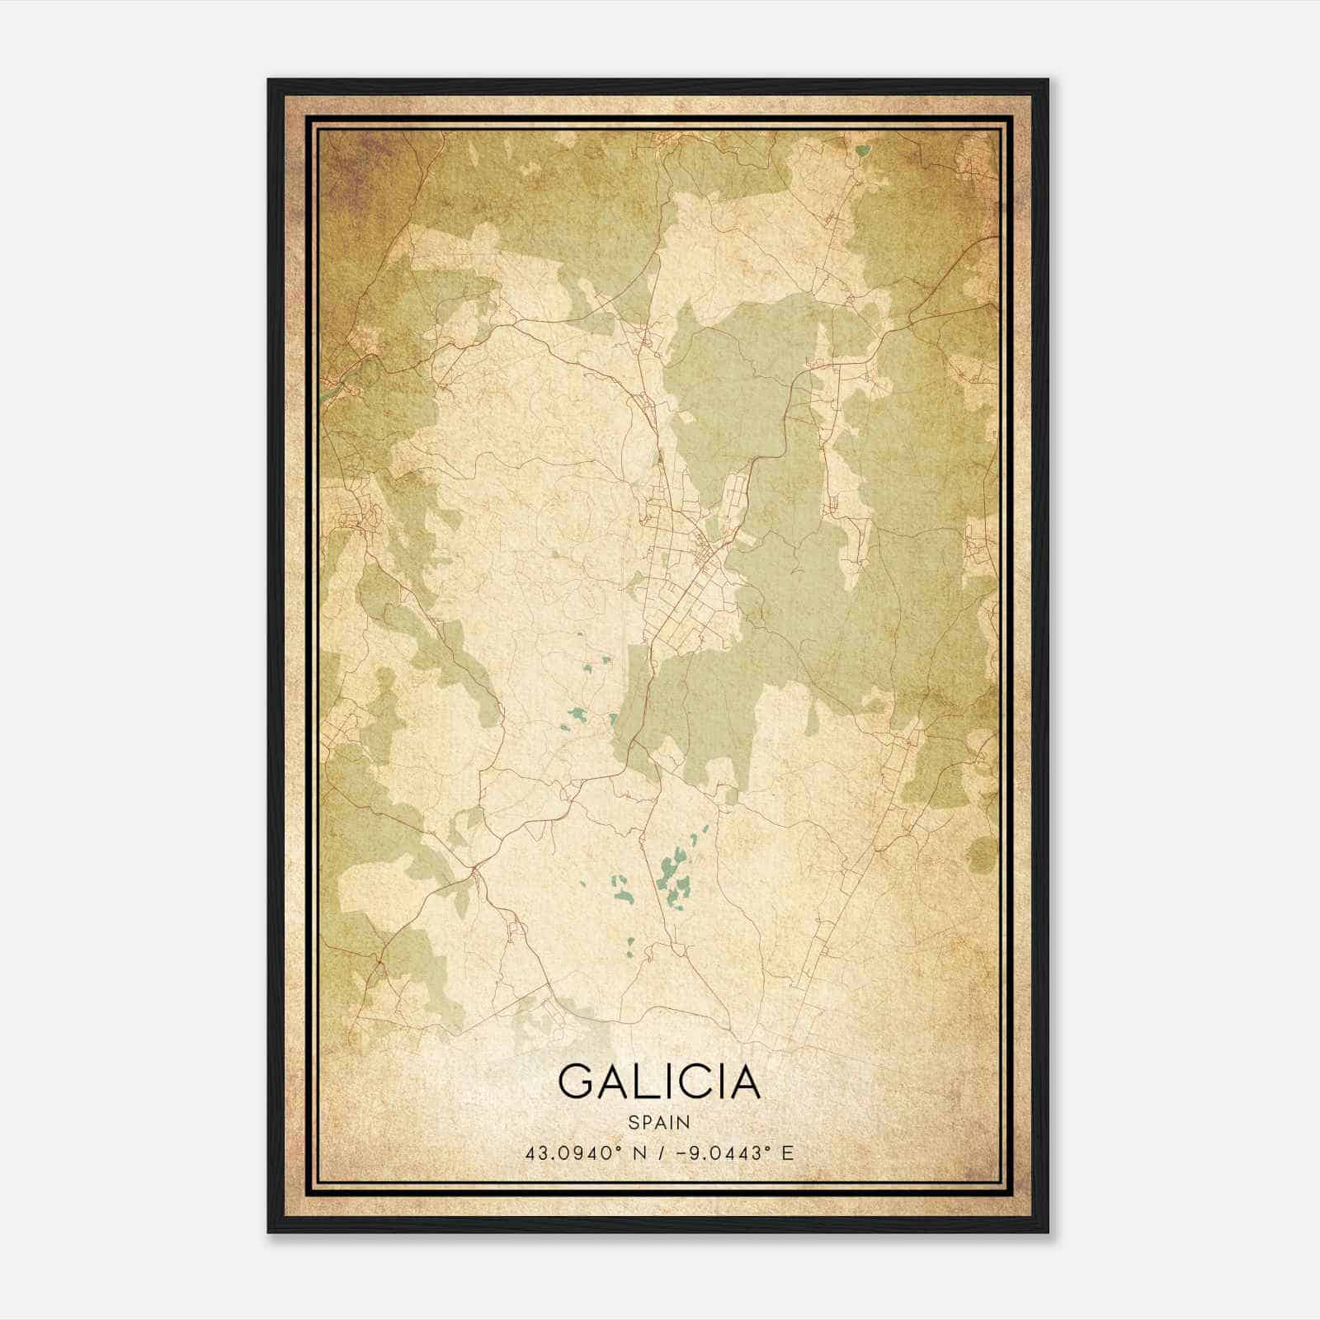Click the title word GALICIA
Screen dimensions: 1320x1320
tap(658, 1082)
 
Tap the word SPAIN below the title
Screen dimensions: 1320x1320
tap(658, 1122)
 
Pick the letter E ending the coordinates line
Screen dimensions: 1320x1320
tap(787, 1153)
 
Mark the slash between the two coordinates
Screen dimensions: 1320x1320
tap(660, 1153)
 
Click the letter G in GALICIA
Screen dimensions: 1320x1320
tap(576, 1082)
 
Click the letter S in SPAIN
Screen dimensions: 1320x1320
tap(633, 1122)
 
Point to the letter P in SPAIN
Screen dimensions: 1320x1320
tap(645, 1122)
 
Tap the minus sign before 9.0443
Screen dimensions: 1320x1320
tap(681, 1153)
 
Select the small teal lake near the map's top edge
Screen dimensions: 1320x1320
tap(863, 151)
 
